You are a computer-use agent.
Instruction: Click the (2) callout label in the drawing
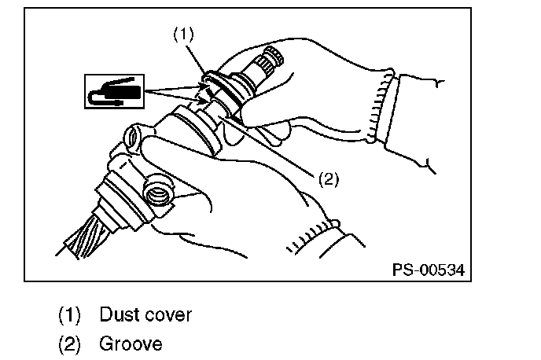pos(328,179)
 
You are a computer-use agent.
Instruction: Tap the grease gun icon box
pos(113,91)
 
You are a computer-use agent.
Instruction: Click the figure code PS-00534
pos(428,270)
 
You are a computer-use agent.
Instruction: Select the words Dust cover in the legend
pos(145,316)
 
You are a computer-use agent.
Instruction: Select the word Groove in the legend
pos(131,343)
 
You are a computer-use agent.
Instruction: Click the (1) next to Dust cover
pos(70,316)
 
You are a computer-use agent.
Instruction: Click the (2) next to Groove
pos(70,343)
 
